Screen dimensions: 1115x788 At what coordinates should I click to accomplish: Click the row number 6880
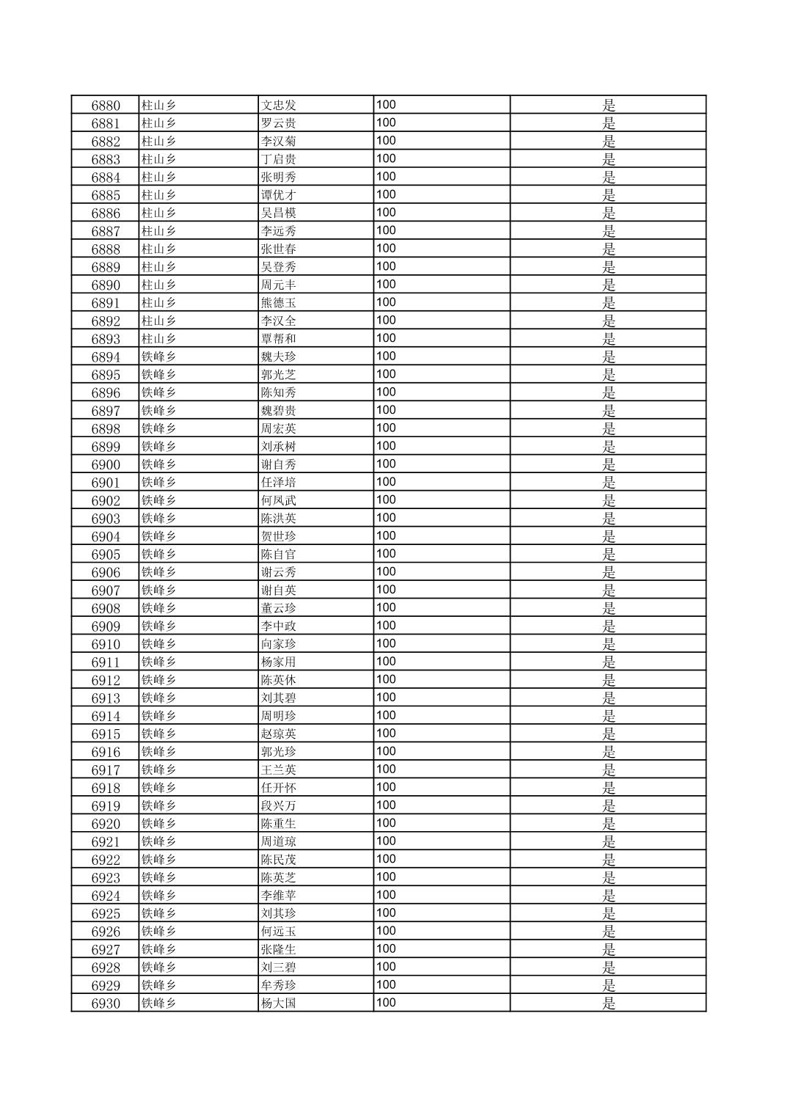tap(106, 106)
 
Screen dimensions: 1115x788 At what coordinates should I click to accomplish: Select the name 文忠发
tap(279, 106)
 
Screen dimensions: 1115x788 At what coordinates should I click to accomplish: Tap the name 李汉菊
tap(279, 142)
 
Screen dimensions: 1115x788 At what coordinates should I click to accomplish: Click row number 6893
tap(106, 339)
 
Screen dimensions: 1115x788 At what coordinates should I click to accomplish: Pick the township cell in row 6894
tap(159, 357)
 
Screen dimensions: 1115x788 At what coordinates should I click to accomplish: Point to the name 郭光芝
tap(279, 375)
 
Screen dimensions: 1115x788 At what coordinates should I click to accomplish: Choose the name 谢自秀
tap(279, 464)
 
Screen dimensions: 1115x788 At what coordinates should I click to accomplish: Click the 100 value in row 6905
tap(386, 554)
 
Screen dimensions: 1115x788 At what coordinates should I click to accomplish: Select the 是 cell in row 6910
tap(608, 644)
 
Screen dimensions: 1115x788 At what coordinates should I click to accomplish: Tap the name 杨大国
tap(279, 1003)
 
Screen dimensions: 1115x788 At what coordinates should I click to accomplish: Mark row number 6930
tap(106, 1003)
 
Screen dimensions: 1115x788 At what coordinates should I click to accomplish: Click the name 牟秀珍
tap(279, 985)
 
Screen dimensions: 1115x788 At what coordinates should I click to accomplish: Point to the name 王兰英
tap(279, 769)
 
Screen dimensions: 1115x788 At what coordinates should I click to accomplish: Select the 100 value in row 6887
tap(386, 230)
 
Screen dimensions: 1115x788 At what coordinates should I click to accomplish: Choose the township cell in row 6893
tap(159, 339)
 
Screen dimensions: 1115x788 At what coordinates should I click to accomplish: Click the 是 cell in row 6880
tap(608, 106)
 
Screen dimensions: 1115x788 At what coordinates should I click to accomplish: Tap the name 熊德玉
tap(279, 303)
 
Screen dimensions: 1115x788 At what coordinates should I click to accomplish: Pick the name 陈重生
tap(279, 824)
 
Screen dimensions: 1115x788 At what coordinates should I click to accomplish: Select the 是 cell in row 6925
tap(608, 913)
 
